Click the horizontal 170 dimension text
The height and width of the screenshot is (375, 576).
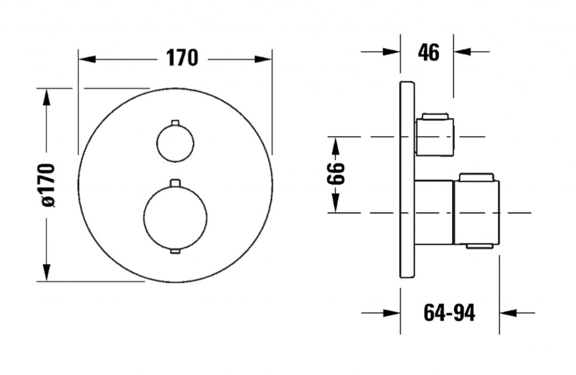182,58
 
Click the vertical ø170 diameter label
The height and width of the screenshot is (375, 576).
48,186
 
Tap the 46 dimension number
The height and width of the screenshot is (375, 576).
428,52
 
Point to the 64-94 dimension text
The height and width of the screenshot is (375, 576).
449,313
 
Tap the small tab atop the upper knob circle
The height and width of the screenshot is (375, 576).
175,123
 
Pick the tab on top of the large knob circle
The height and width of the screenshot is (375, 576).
175,183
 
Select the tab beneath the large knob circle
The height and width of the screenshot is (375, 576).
175,251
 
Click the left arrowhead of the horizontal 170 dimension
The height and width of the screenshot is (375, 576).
87,59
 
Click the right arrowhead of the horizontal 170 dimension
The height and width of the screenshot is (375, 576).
263,59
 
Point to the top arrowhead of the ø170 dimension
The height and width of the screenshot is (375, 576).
46,98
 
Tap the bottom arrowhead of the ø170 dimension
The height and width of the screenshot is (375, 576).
46,272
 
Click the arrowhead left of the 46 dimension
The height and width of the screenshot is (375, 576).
391,51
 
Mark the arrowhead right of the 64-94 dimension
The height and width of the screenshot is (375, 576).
508,313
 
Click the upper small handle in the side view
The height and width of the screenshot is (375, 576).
434,135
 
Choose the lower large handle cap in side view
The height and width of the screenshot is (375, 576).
476,211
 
